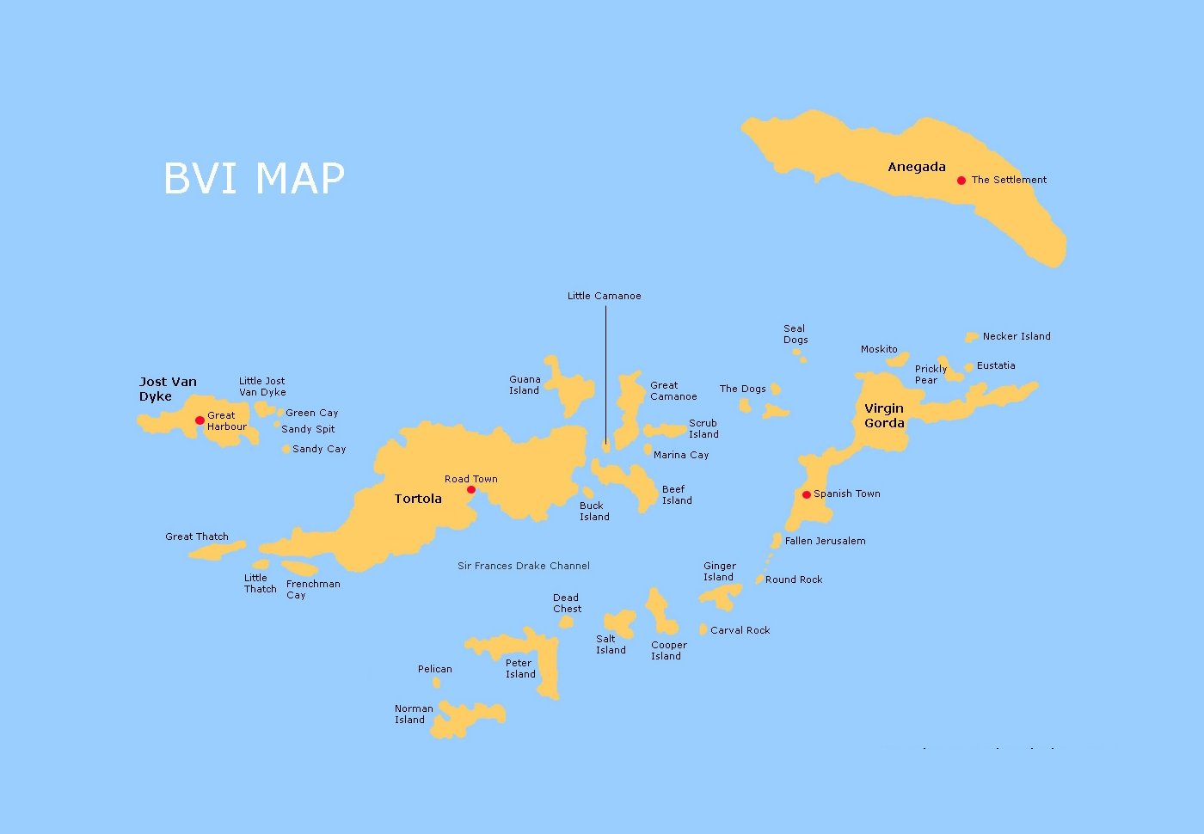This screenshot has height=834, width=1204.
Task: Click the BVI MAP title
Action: [x=254, y=179]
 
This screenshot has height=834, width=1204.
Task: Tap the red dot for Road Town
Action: [x=470, y=490]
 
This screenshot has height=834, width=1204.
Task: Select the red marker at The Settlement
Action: [x=961, y=181]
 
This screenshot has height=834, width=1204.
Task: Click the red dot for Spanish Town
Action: [x=806, y=494]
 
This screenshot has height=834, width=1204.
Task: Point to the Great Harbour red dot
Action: [x=200, y=420]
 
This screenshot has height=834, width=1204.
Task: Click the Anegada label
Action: [x=916, y=167]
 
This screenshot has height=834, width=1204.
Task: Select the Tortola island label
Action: [x=418, y=499]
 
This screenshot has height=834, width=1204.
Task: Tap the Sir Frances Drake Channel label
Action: [x=523, y=566]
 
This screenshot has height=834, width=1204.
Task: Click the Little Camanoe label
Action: [x=604, y=296]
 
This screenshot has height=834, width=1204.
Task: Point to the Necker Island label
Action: [x=1017, y=336]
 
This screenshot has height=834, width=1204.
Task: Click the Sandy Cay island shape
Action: [x=286, y=449]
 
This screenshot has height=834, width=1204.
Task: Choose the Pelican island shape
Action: [x=436, y=683]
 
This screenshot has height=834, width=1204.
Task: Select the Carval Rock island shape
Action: [x=703, y=629]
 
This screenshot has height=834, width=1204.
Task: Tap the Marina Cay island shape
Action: [x=648, y=450]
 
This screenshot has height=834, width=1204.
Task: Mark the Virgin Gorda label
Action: [x=884, y=415]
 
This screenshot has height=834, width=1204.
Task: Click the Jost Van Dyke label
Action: [x=168, y=389]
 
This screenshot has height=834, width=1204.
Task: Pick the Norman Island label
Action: [x=413, y=714]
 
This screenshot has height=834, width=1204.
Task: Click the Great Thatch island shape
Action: [x=218, y=549]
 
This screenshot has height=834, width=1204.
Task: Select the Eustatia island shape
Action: [x=969, y=367]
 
